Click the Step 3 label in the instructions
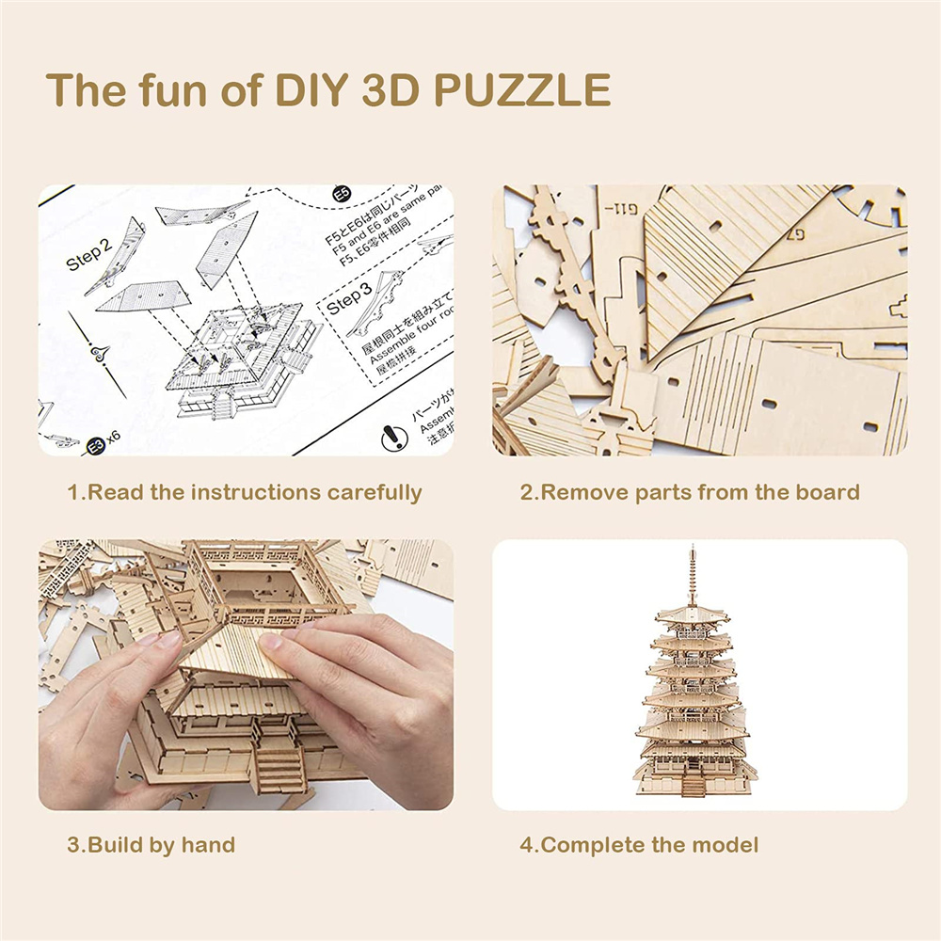click(x=349, y=300)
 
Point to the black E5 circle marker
click(x=343, y=196)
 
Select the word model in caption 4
click(x=726, y=844)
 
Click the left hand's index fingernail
click(x=169, y=639)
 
